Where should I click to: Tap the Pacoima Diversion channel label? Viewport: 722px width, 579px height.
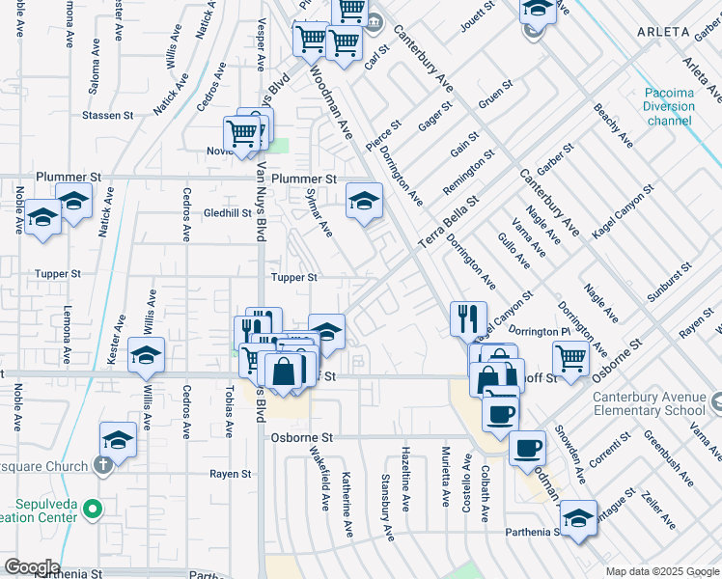pyautogui.click(x=669, y=107)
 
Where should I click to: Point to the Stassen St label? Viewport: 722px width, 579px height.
pyautogui.click(x=108, y=116)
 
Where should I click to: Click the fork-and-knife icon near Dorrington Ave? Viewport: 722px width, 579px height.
pyautogui.click(x=469, y=317)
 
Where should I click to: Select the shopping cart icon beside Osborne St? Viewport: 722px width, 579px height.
pyautogui.click(x=571, y=358)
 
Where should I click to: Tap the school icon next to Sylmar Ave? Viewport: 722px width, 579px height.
pyautogui.click(x=364, y=201)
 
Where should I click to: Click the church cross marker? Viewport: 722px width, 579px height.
pyautogui.click(x=103, y=462)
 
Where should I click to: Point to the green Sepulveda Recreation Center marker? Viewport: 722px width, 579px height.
pyautogui.click(x=92, y=509)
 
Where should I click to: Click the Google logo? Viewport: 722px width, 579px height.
pyautogui.click(x=31, y=567)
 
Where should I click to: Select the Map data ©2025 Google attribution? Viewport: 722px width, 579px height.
pyautogui.click(x=661, y=571)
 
